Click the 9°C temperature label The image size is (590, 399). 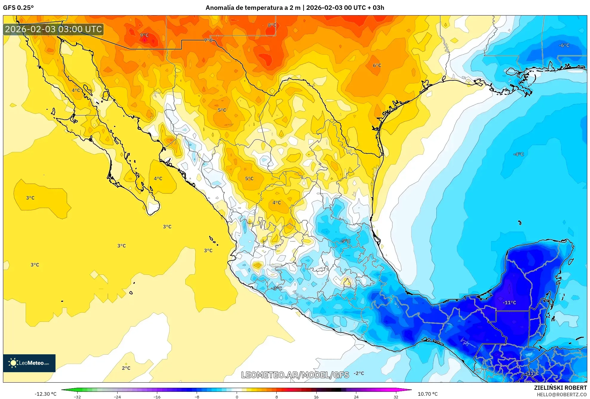144,35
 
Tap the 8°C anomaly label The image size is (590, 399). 272,25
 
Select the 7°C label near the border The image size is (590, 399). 208,40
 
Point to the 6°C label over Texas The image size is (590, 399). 377,65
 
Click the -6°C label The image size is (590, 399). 564,45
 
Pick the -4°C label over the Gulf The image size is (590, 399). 518,154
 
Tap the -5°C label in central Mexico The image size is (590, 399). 345,241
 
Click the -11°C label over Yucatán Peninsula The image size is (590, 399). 509,302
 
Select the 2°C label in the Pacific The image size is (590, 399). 126,368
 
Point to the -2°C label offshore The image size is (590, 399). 359,373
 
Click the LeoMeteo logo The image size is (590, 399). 29,363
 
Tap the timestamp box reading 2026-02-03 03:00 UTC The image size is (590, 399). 53,29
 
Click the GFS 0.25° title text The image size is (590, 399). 18,8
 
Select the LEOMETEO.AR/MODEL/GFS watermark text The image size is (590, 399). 295,375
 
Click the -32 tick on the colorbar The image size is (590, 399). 77,397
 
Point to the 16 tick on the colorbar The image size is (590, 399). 316,397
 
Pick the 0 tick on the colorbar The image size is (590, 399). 237,397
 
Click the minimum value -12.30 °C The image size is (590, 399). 45,394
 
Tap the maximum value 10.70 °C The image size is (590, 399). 427,394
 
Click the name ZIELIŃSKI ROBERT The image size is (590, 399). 560,388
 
